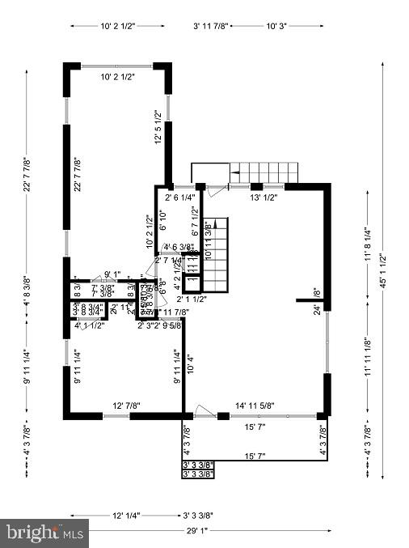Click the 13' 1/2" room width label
(264, 197)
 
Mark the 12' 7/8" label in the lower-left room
(127, 406)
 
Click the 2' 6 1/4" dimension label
(180, 197)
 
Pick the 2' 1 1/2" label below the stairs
(192, 299)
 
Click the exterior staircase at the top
(263, 172)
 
